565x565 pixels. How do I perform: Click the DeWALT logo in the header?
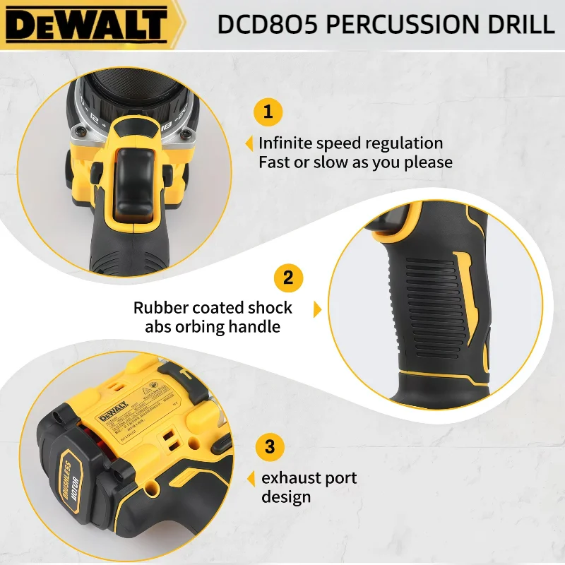coord(88,24)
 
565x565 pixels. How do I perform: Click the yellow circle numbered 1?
coord(268,112)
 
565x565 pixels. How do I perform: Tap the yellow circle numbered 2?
coord(288,277)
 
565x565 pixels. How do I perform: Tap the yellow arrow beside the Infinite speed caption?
coord(249,144)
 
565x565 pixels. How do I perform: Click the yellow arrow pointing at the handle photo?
coord(317,309)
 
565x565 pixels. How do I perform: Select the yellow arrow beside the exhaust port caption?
coord(250,480)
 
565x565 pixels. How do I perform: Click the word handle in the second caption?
coord(256,327)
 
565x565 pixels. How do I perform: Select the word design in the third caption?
coord(286,497)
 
